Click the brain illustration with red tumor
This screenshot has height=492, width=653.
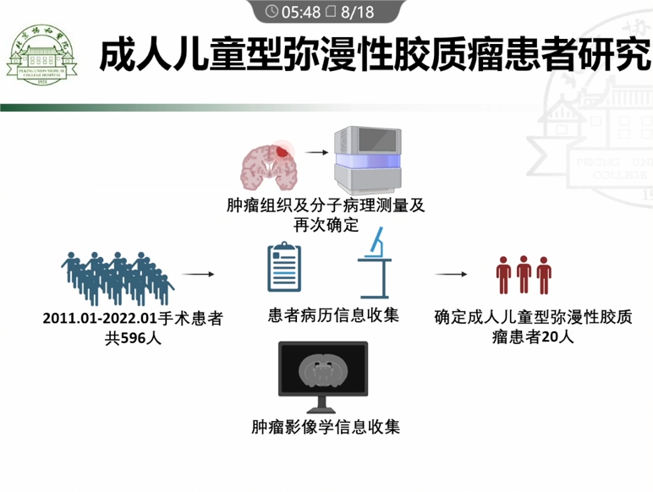(x=270, y=164)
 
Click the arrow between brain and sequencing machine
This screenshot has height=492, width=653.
(x=317, y=153)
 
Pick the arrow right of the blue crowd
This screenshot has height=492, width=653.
(x=197, y=274)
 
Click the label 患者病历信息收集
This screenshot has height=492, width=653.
(x=332, y=314)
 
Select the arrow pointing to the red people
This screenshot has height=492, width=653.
(x=453, y=274)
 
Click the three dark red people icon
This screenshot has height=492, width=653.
(x=524, y=274)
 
